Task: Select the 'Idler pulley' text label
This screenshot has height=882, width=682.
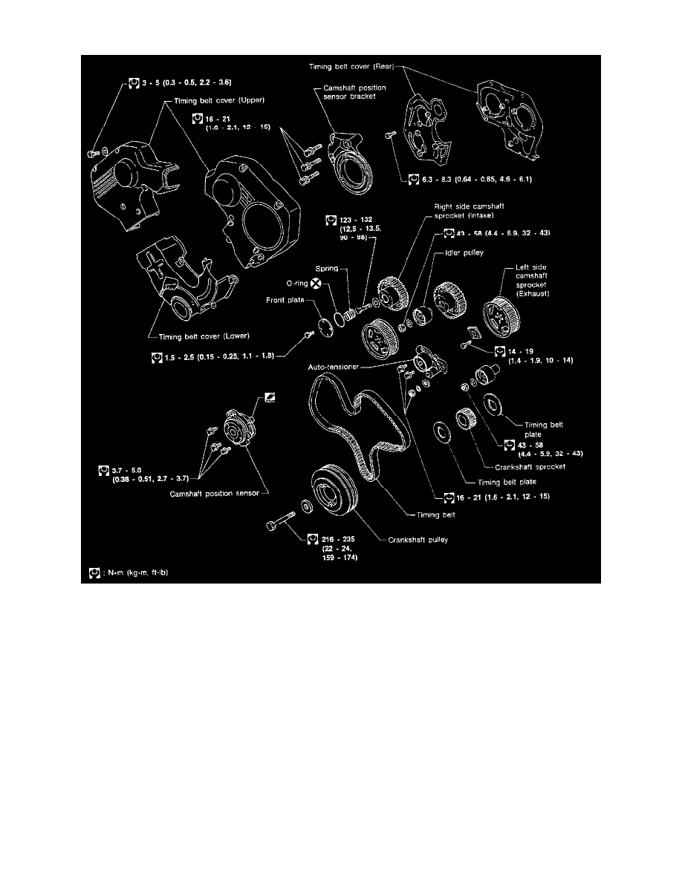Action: [465, 254]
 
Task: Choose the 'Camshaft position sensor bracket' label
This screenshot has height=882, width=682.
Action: [350, 91]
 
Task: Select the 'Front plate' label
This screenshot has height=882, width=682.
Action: [286, 300]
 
